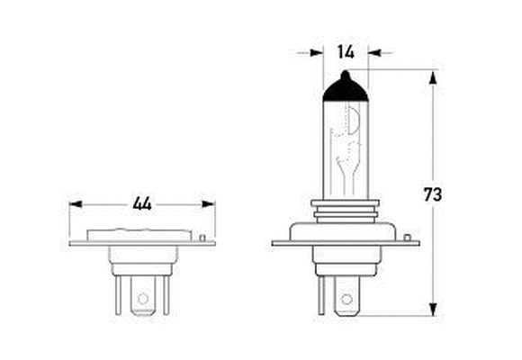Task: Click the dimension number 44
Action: click(141, 203)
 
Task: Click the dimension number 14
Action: click(346, 52)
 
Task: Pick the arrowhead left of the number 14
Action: click(317, 52)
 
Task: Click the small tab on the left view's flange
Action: click(205, 238)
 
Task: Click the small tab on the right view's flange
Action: click(408, 238)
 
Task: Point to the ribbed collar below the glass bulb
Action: click(346, 210)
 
